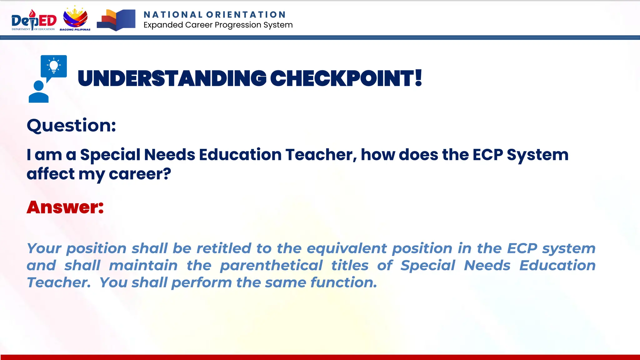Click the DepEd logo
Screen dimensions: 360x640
[x=34, y=20]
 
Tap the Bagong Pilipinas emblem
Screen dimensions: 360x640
[x=75, y=19]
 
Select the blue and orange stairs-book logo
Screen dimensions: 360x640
[x=116, y=20]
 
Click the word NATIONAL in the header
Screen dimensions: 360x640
[x=173, y=15]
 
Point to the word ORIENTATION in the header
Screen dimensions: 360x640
[x=246, y=15]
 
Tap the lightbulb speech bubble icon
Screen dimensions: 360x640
[x=54, y=67]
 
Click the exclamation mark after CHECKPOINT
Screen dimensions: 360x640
[x=418, y=78]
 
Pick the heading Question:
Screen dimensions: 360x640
[x=71, y=126]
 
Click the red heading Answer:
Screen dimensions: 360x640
[x=65, y=207]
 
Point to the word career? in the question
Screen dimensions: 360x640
[x=140, y=174]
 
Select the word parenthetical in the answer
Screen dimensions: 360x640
[x=271, y=266]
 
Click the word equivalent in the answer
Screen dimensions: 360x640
[x=347, y=248]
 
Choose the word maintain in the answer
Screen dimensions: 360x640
[x=143, y=266]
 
